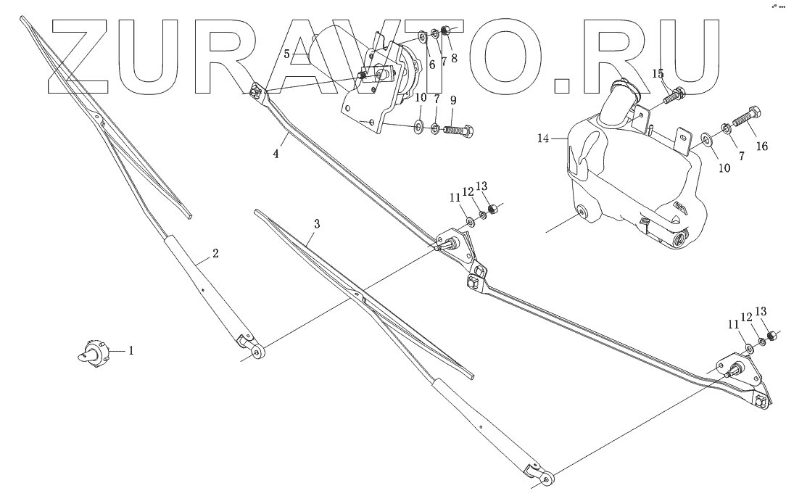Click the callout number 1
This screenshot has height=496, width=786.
pos(131,351)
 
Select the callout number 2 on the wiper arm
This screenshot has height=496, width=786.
pos(215,253)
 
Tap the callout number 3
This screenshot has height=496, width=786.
pos(316,224)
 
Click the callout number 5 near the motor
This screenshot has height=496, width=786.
pos(287,54)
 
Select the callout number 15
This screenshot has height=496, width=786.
pos(658,74)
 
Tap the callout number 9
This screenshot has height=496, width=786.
pos(453,99)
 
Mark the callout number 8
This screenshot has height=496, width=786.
pos(454,58)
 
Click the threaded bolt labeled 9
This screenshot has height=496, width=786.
pos(458,131)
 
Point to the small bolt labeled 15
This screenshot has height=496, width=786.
pos(677,94)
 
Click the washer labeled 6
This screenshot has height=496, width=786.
pos(423,34)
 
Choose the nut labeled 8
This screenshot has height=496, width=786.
pos(447,31)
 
